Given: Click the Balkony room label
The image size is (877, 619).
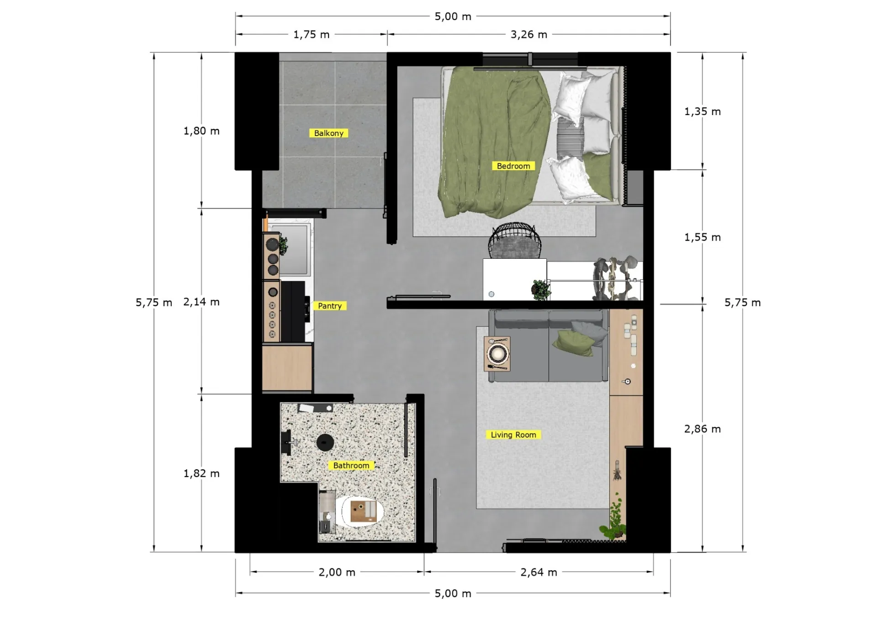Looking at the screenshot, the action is point(329,133).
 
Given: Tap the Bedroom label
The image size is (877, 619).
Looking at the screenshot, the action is point(513,166).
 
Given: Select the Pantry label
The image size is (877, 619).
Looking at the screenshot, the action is point(329,306).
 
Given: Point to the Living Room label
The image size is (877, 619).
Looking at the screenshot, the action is point(513,435).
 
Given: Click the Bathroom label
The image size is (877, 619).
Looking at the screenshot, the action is point(351,465).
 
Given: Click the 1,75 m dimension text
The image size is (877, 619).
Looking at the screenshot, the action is point(312,35).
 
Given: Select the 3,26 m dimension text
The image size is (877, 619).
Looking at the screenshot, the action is point(529,35).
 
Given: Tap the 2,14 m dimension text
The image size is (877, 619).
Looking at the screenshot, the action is point(201,302).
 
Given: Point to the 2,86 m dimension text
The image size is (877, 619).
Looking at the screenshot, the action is point(703,429).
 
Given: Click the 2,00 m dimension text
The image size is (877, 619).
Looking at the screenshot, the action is point(337,572).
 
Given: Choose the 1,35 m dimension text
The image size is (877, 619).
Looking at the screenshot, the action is point(703,111).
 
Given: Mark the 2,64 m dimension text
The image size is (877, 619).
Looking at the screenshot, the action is point(539,572).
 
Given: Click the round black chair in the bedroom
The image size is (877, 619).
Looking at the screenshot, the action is point(515,241).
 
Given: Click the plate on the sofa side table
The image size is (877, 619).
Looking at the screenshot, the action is point(497,353).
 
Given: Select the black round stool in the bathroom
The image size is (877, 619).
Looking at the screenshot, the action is point(325,442).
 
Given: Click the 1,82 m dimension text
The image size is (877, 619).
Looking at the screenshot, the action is point(201,473).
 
